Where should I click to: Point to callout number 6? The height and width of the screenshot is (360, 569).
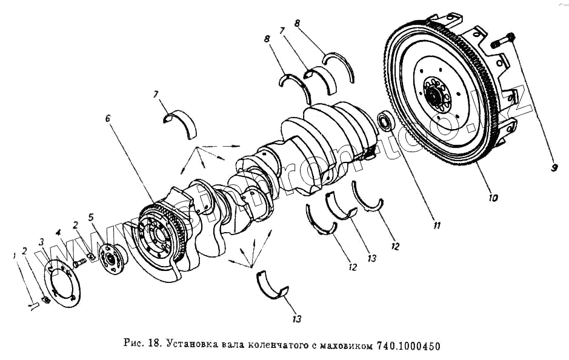[107, 119]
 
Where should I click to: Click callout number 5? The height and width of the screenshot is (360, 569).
[92, 217]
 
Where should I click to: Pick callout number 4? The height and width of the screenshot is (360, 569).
[59, 232]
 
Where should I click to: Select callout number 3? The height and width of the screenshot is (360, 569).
[41, 242]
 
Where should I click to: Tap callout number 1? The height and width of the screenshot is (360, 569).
[14, 256]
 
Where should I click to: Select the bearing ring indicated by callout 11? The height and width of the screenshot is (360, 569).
[385, 121]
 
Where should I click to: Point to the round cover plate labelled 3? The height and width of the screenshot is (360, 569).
[62, 283]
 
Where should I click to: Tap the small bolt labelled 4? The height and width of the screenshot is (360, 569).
[79, 262]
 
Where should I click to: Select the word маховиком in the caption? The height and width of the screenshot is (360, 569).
[343, 346]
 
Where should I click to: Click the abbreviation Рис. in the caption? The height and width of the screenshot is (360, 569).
[133, 346]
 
